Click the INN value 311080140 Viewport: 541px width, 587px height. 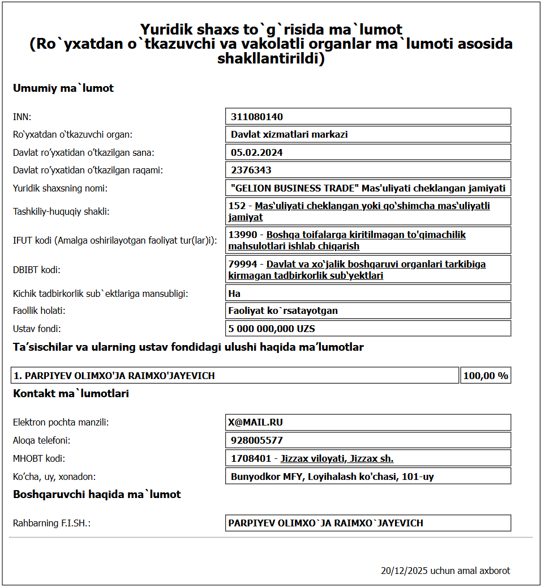coord(257,117)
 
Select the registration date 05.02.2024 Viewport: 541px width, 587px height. coord(257,152)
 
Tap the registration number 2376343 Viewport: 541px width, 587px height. coord(251,170)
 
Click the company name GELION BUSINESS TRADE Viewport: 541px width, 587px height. coord(296,188)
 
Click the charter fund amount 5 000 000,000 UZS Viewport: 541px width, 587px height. coord(272,329)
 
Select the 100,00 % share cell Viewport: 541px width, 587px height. coord(486,376)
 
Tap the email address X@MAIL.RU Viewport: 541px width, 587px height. coord(255,423)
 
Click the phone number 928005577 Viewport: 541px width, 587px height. coord(257,440)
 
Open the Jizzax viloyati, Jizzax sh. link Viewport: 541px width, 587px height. coord(337,458)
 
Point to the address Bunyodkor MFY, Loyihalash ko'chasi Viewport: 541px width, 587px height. coord(332,477)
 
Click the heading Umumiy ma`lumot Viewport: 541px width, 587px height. coord(63,88)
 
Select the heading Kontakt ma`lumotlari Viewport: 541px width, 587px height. coord(71,394)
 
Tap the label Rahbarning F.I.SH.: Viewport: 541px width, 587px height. coord(51,523)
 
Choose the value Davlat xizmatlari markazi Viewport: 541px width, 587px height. coord(289,135)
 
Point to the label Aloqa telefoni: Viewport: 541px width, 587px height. coord(41,440)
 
